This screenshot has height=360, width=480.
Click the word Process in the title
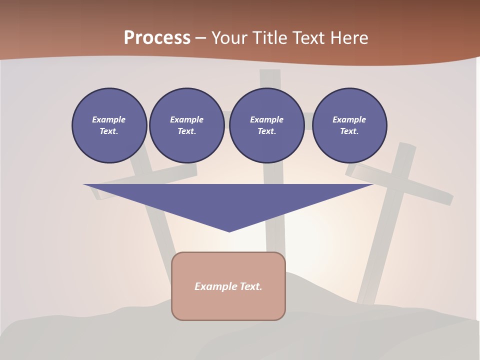pyautogui.click(x=157, y=37)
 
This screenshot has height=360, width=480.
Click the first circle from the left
pyautogui.click(x=109, y=125)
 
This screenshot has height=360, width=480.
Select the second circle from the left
pyautogui.click(x=187, y=125)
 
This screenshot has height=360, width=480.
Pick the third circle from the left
pyautogui.click(x=267, y=125)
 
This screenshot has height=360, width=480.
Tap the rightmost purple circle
pyautogui.click(x=349, y=125)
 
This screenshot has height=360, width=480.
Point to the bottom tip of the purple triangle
pyautogui.click(x=229, y=231)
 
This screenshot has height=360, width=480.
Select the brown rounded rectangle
pyautogui.click(x=228, y=286)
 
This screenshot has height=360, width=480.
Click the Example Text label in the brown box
pyautogui.click(x=228, y=286)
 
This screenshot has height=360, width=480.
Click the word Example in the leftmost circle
pyautogui.click(x=109, y=119)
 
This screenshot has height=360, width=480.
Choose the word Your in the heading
pyautogui.click(x=229, y=37)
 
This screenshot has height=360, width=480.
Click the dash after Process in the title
pyautogui.click(x=200, y=38)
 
